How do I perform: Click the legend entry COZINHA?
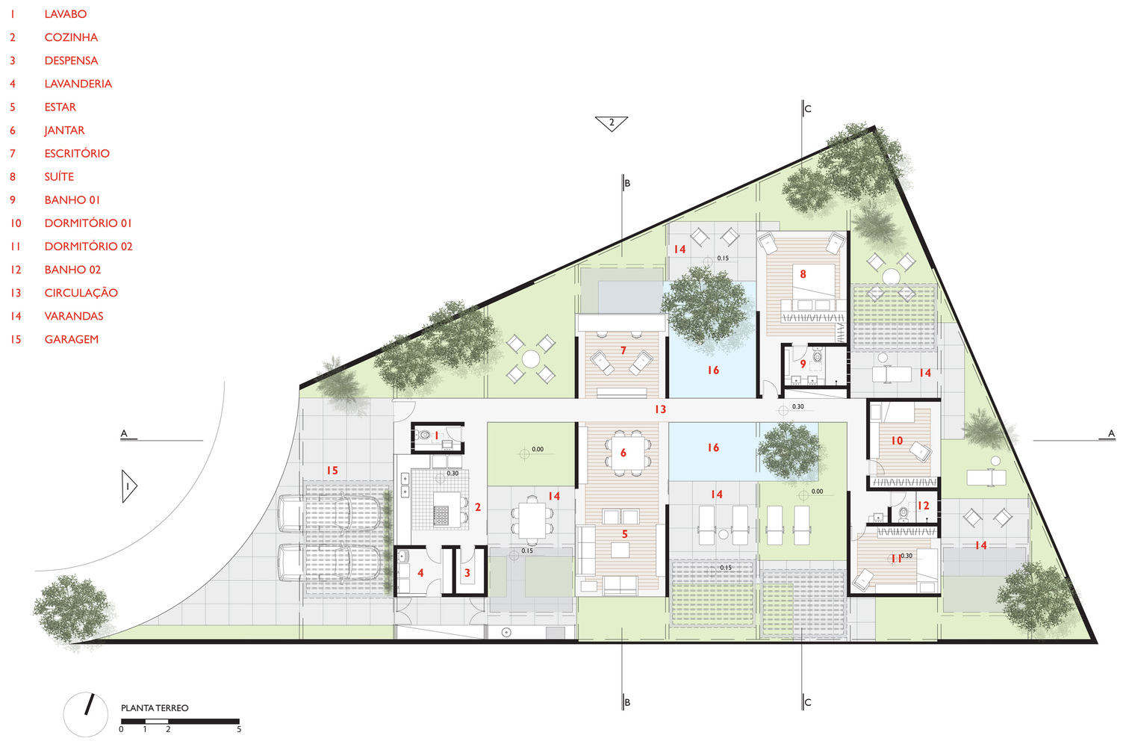point(71,37)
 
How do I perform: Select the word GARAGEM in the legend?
point(72,340)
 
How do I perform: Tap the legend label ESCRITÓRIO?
point(77,153)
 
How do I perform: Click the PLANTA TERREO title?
point(155,708)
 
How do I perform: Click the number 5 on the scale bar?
point(239,729)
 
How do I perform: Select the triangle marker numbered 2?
point(612,123)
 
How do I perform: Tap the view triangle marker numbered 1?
point(128,486)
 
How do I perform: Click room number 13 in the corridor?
point(661,409)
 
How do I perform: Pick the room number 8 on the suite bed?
point(803,274)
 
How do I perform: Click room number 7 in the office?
point(623,350)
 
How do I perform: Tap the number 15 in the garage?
point(332,471)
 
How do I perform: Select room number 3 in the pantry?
point(467,573)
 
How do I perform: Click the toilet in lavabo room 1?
point(425,435)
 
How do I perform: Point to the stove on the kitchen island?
point(441,515)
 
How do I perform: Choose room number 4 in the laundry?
point(420,573)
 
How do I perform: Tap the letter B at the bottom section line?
point(626,702)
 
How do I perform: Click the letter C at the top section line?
point(808,108)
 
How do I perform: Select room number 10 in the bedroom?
point(898,441)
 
